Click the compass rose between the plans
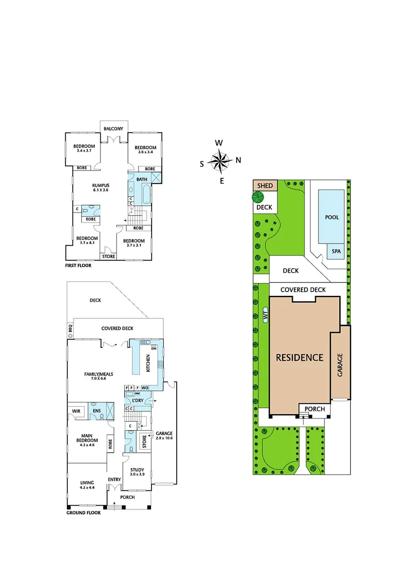pos(219,161)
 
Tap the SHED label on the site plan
pos(265,186)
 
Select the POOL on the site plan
pos(332,217)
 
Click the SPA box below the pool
pos(336,251)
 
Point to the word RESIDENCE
pos(300,358)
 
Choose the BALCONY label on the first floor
pos(113,129)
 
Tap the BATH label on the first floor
pos(141,179)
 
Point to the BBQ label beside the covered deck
pos(70,328)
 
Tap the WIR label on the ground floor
pos(76,411)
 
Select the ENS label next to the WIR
pos(97,411)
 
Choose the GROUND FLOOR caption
pos(84,512)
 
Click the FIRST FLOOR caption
pos(79,265)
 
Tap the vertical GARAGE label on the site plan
pos(339,365)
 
